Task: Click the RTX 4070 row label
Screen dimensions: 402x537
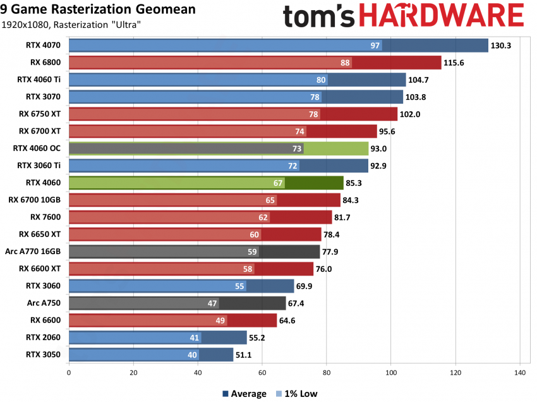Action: tap(44, 46)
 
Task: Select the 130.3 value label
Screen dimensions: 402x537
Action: tap(503, 46)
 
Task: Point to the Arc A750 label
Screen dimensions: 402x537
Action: tap(44, 303)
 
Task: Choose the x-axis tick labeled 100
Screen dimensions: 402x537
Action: tap(391, 373)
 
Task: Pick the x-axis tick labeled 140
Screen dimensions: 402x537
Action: tap(519, 373)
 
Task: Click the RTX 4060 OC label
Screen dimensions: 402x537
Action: tap(38, 149)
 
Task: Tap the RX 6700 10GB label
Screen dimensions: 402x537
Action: tap(35, 200)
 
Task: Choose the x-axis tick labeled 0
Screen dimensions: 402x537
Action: tap(68, 373)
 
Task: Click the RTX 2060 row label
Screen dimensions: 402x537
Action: tap(44, 338)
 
